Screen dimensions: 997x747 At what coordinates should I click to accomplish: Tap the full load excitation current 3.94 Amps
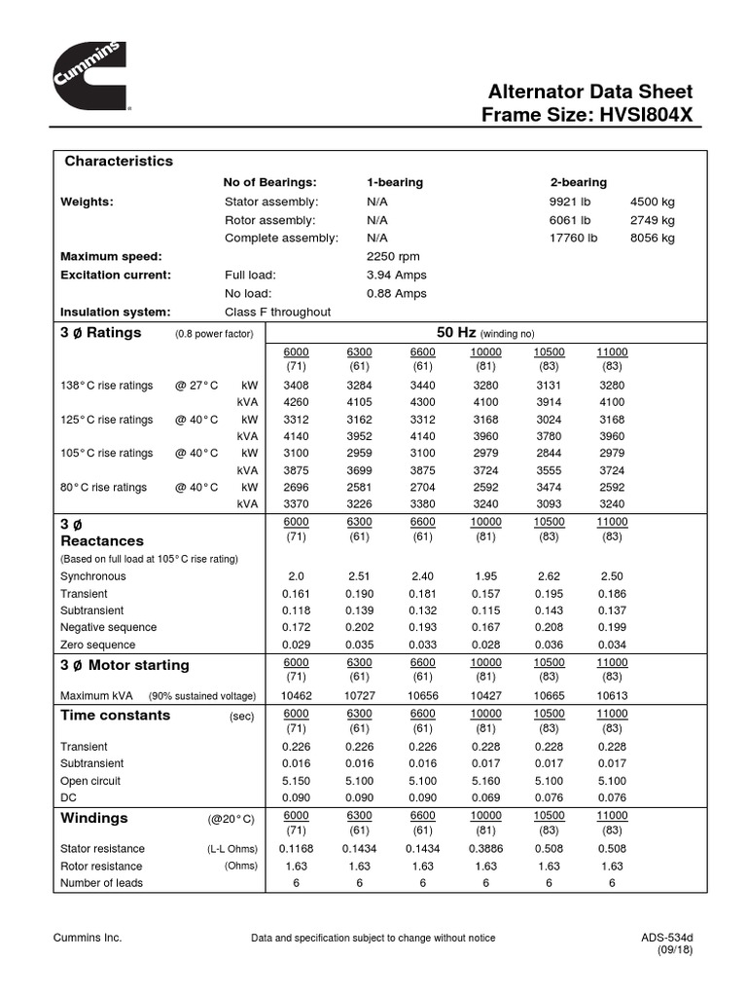pyautogui.click(x=397, y=276)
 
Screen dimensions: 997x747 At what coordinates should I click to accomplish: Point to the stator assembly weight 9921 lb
pyautogui.click(x=570, y=202)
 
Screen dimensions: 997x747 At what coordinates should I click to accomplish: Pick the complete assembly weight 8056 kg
pyautogui.click(x=653, y=239)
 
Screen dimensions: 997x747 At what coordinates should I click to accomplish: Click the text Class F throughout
pyautogui.click(x=277, y=313)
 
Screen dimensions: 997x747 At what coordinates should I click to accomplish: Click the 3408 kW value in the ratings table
pyautogui.click(x=297, y=386)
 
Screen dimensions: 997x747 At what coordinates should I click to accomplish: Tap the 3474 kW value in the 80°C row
pyautogui.click(x=549, y=486)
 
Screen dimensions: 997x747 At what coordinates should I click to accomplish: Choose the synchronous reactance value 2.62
pyautogui.click(x=549, y=576)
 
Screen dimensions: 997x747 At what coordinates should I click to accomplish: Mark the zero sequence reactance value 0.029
pyautogui.click(x=297, y=645)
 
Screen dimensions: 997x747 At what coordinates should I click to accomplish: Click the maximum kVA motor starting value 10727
pyautogui.click(x=360, y=697)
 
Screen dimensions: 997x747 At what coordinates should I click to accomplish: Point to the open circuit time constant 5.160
pyautogui.click(x=485, y=781)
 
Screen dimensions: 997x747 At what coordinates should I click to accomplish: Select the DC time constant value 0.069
pyautogui.click(x=485, y=798)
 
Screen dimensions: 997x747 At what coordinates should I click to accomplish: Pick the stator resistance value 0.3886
pyautogui.click(x=485, y=849)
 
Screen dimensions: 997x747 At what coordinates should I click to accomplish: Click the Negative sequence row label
pyautogui.click(x=108, y=628)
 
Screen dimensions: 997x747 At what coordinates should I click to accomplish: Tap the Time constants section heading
pyautogui.click(x=115, y=716)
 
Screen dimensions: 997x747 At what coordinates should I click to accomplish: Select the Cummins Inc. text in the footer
pyautogui.click(x=87, y=938)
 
